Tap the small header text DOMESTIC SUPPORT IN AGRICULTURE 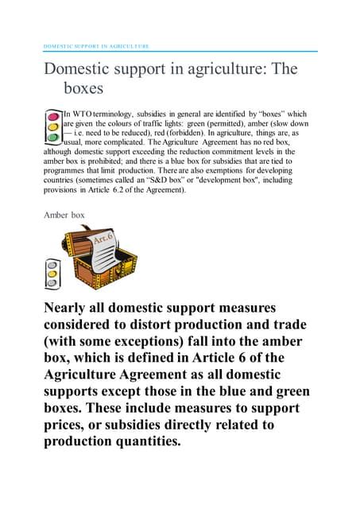pyautogui.click(x=95, y=46)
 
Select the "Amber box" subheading pyautogui.click(x=64, y=214)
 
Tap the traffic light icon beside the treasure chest pyautogui.click(x=53, y=274)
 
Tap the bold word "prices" pyautogui.click(x=67, y=425)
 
